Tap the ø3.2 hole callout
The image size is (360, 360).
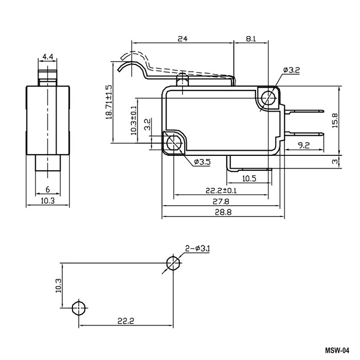291,71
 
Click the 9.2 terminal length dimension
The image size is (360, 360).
303,146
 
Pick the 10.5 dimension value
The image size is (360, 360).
249,178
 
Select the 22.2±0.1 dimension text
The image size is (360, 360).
222,191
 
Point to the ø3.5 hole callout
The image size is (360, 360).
202,163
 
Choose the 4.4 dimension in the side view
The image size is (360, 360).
48,56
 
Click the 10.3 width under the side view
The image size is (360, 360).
47,201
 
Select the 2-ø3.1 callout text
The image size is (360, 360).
199,249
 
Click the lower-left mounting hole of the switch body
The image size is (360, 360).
173,143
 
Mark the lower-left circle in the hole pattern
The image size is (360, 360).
78,308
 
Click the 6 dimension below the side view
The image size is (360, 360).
47,189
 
